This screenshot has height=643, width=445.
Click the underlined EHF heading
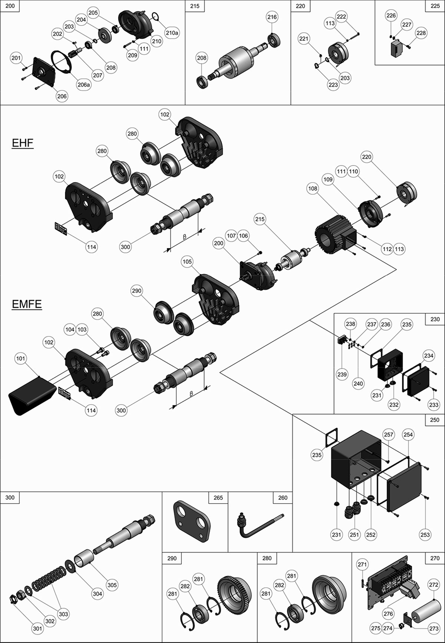coord(23,143)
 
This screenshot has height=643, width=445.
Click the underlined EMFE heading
coord(27,304)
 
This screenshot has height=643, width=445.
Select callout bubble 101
coord(21,358)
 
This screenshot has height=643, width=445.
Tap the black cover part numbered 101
coord(30,395)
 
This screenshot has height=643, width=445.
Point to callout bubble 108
coord(313,188)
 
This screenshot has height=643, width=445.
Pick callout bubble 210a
coord(172,33)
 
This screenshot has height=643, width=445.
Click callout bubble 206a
coord(84,85)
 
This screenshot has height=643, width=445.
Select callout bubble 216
coord(272,17)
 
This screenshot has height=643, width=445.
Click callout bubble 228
coord(421,33)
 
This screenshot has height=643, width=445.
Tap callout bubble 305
coord(112,585)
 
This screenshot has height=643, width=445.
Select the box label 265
coord(218,498)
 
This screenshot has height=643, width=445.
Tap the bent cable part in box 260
coord(256,527)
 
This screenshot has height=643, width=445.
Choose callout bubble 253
coord(425,534)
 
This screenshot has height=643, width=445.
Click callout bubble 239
coord(342,374)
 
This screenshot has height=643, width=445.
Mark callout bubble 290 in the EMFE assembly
coord(136,291)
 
